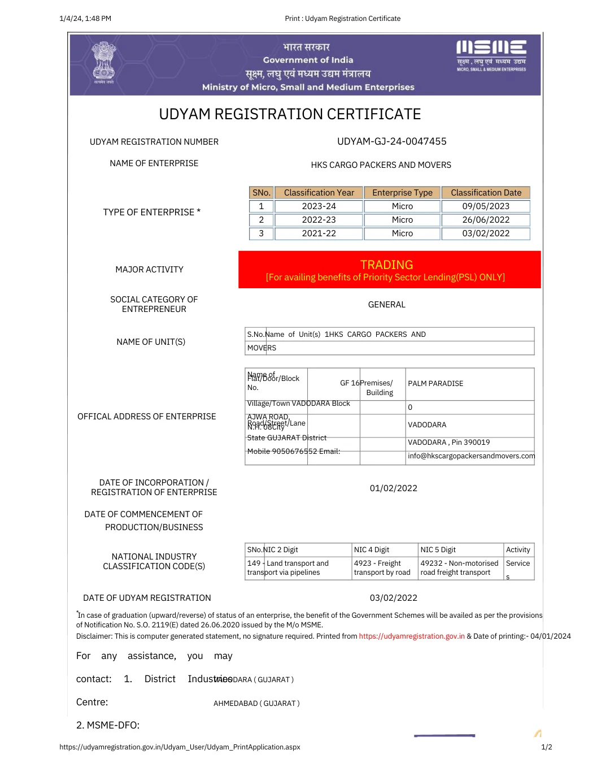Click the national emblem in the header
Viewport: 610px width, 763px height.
[x=104, y=62]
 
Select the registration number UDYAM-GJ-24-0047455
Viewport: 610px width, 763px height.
[x=391, y=141]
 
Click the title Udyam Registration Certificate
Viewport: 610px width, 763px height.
[x=290, y=114]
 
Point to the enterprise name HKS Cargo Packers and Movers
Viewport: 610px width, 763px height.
[x=381, y=165]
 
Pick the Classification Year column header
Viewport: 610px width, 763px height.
[x=319, y=193]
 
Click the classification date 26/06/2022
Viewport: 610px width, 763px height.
[x=486, y=220]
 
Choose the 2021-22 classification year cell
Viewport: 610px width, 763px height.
[x=319, y=233]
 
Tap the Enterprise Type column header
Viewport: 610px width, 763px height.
[x=402, y=193]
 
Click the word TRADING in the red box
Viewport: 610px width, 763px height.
[x=386, y=265]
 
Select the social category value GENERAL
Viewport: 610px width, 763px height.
[x=386, y=305]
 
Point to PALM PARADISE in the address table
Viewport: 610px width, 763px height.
[x=435, y=384]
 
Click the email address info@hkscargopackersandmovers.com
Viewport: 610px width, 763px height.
[x=471, y=456]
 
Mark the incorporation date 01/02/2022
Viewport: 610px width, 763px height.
[x=393, y=488]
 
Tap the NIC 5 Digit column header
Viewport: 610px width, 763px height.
[x=438, y=550]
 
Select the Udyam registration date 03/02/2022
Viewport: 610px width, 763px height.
[x=393, y=598]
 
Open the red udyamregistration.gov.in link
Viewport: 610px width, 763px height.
[x=412, y=636]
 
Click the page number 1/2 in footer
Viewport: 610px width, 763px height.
[x=546, y=747]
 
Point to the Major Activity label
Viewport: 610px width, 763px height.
[x=149, y=270]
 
